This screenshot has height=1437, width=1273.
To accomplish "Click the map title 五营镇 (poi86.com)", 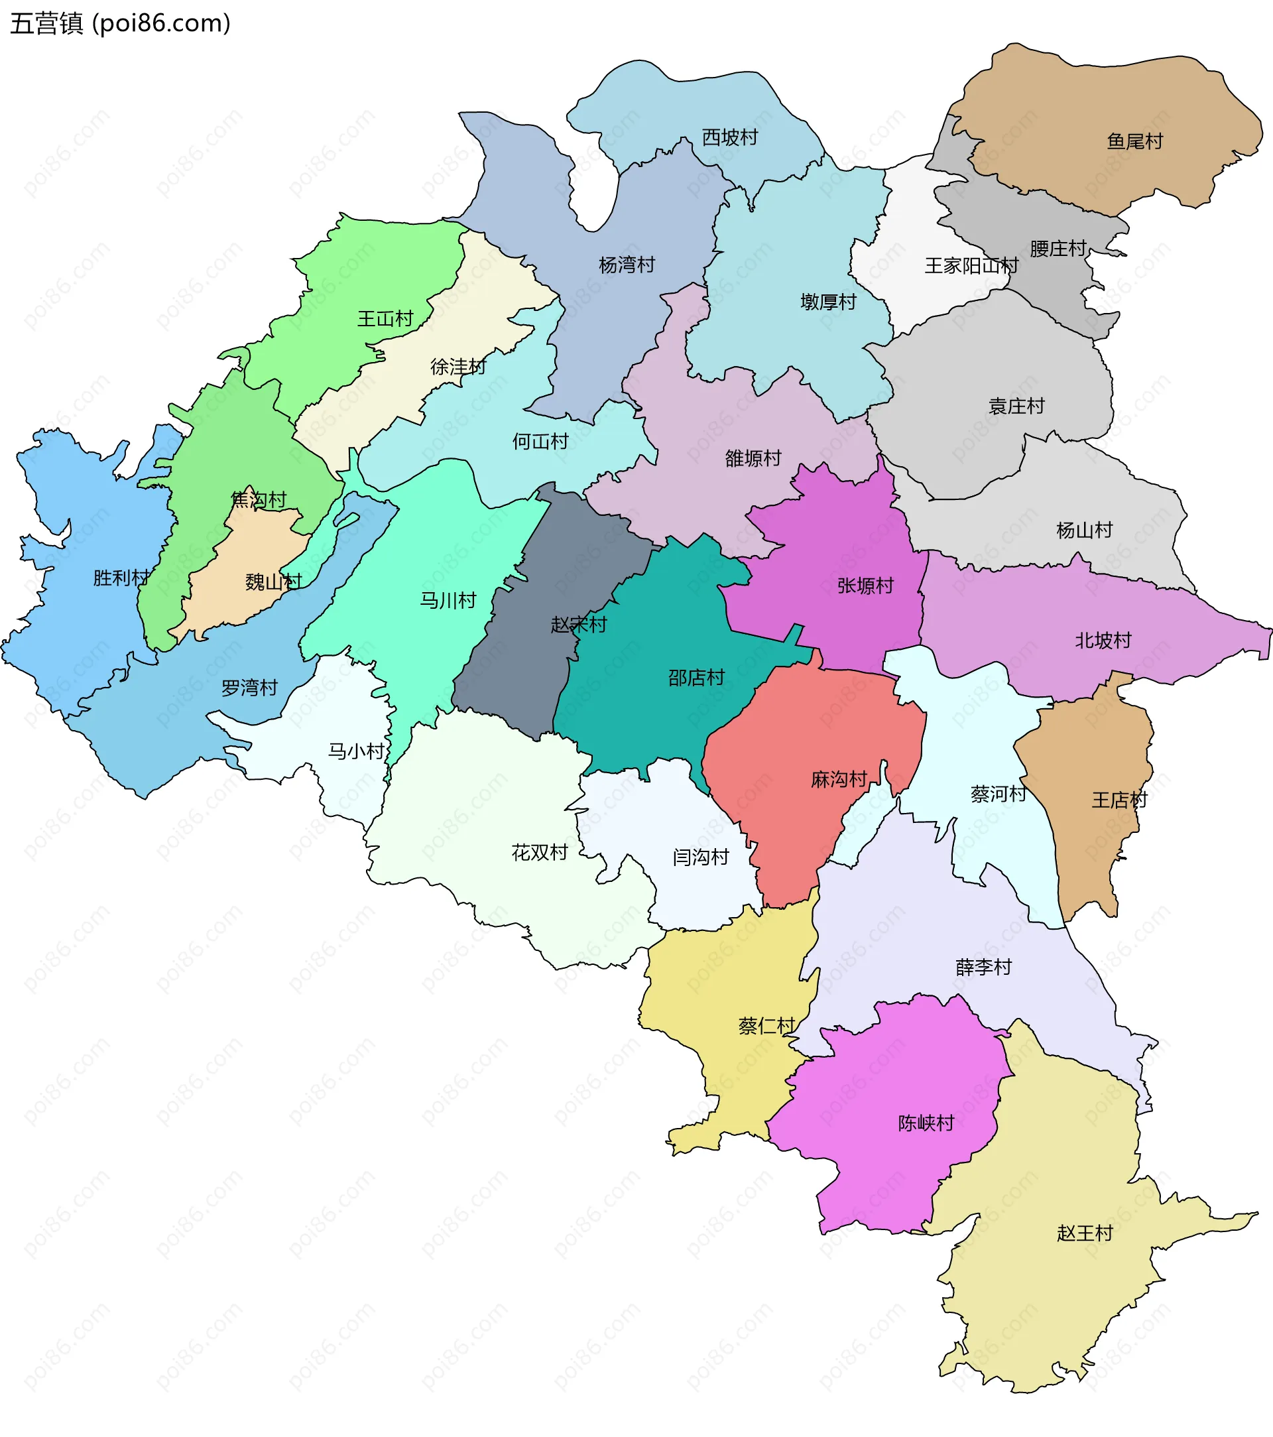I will point(119,23).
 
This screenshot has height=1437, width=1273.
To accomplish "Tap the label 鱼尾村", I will point(1134,141).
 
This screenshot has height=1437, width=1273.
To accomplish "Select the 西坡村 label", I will point(729,137).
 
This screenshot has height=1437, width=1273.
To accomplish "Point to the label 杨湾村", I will point(627,265).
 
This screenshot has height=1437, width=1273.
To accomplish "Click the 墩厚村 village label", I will point(828,302).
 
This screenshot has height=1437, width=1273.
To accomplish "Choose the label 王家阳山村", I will point(971,266).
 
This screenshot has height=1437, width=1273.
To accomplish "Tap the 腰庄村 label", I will point(1058,248).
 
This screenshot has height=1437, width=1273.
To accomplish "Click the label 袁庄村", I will point(1016,406).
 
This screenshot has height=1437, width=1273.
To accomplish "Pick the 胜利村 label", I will point(121,578).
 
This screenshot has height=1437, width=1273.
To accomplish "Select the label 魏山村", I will point(273,582).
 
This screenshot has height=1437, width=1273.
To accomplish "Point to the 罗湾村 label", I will point(249,688).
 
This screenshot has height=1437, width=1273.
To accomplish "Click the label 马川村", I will point(448,600).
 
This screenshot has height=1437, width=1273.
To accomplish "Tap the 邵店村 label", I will point(696,678).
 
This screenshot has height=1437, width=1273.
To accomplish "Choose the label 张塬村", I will point(865,586).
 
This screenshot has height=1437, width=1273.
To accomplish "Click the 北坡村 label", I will point(1103,641).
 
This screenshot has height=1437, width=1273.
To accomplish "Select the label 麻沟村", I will point(839,780).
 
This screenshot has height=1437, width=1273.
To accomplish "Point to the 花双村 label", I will point(539,853).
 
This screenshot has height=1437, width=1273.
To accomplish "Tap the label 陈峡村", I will point(926,1123).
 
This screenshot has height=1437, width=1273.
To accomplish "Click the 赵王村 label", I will point(1085,1233).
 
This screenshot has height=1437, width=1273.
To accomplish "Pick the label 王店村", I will point(1119,800).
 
